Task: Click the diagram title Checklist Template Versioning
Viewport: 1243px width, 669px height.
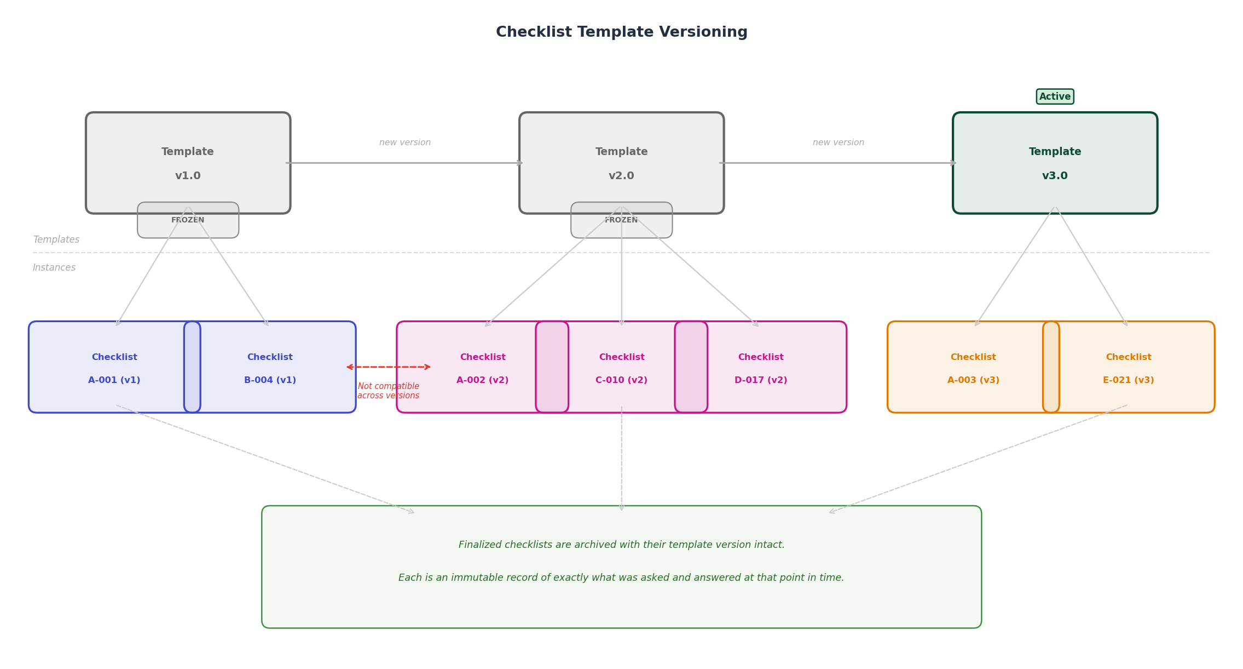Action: (621, 32)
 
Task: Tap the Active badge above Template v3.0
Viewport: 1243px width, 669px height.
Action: (1054, 96)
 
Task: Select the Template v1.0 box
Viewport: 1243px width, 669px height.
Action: (188, 163)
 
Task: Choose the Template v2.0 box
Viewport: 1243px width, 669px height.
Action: (621, 163)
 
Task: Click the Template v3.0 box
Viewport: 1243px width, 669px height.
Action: (1054, 163)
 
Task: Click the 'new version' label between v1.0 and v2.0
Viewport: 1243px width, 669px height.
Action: (404, 142)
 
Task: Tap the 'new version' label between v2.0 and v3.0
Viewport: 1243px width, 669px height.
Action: (838, 142)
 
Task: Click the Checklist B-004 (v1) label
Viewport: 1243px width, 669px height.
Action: (270, 368)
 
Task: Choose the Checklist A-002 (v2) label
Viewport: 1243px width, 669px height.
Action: (482, 368)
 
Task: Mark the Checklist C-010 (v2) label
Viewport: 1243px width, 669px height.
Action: (621, 368)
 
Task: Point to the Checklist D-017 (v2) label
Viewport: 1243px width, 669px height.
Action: (760, 368)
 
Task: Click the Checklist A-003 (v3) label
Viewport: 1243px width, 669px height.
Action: (973, 368)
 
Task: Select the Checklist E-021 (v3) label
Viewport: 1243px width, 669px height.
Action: (1128, 368)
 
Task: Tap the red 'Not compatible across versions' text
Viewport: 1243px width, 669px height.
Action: (388, 391)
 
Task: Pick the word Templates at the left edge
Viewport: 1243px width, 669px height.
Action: (56, 239)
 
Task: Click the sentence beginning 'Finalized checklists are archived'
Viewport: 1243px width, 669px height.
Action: (621, 545)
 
